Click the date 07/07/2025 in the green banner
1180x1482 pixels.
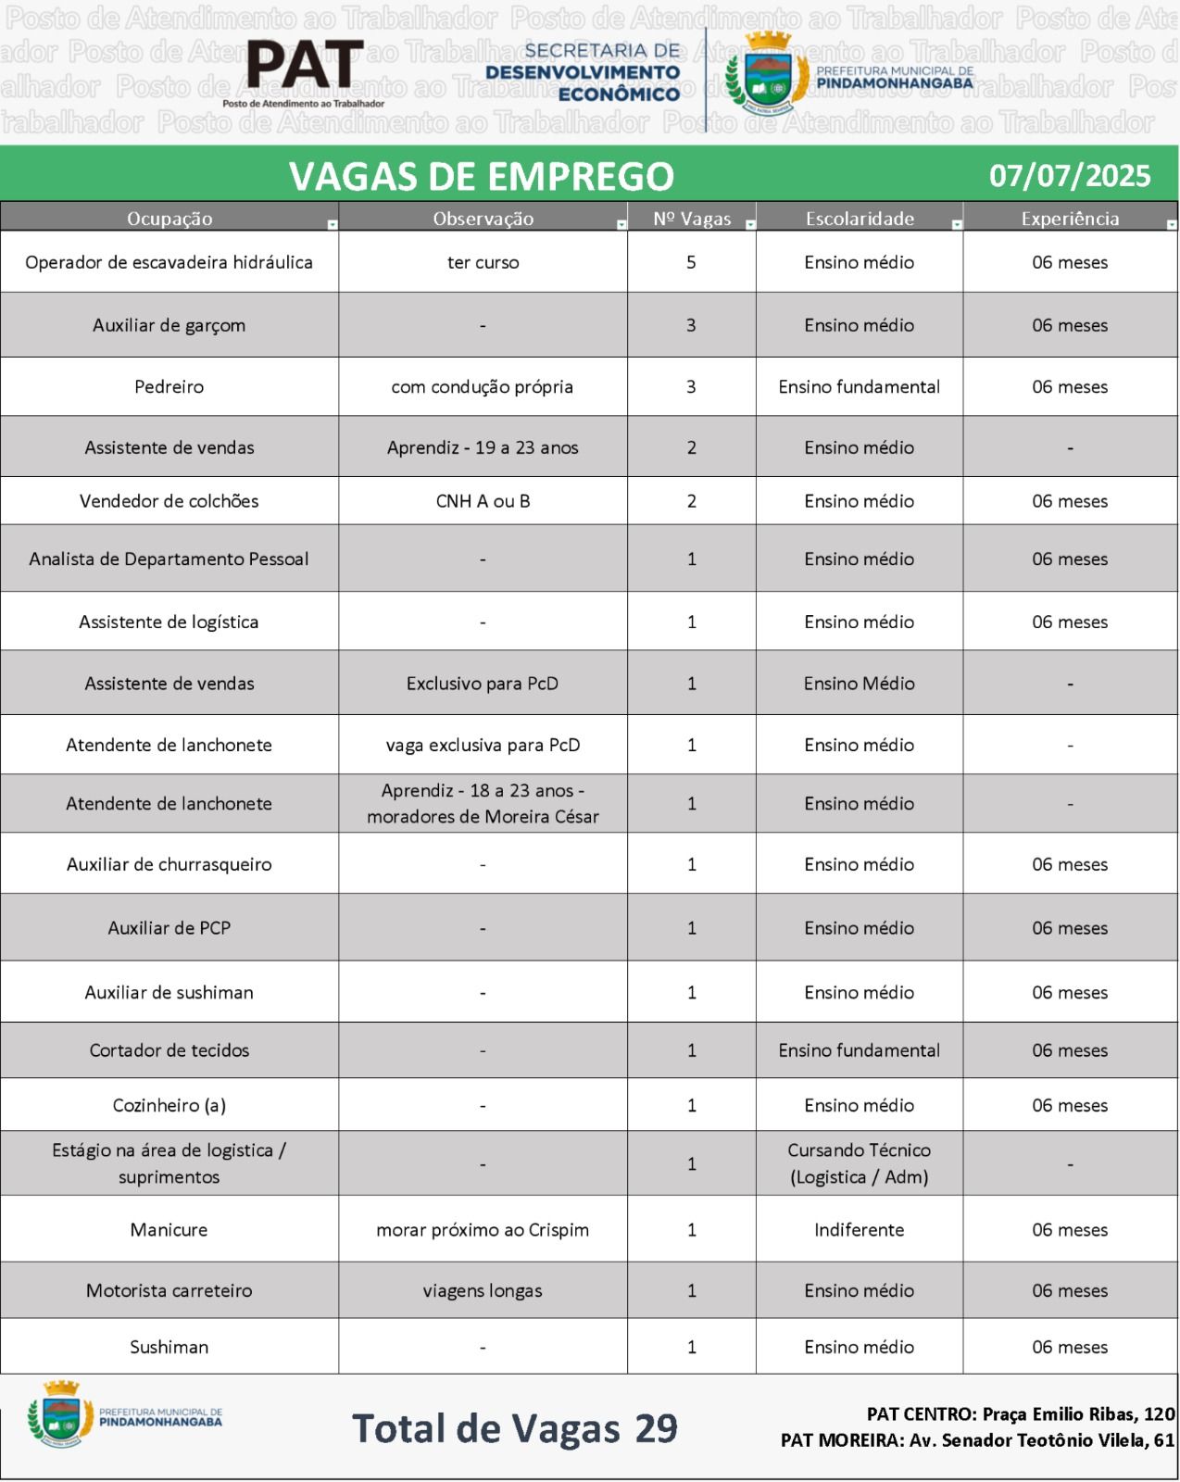1070,176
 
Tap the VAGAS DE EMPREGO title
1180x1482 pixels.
481,176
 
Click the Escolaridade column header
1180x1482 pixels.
859,219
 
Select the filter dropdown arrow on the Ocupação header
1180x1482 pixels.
333,224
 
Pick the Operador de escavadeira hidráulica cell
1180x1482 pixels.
169,262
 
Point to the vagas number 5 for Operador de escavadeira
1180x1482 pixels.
691,262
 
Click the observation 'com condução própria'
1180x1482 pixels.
482,386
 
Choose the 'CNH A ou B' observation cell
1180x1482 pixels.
483,501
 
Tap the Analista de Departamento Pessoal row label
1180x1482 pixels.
169,559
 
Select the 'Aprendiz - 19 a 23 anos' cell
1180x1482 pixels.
483,447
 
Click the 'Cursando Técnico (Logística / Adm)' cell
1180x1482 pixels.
859,1163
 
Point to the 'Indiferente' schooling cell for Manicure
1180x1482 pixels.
859,1229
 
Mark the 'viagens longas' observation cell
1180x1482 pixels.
483,1290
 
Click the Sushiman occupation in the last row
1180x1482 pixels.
169,1347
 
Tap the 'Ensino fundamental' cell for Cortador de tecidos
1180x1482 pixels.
859,1050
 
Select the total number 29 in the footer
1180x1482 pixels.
657,1428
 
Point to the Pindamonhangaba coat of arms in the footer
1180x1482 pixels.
61,1414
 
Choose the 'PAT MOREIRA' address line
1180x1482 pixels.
977,1440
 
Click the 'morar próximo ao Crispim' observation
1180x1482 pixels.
483,1229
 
